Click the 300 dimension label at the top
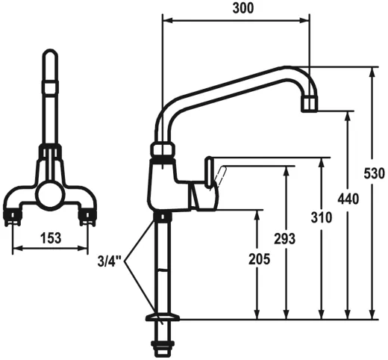coord(243,9)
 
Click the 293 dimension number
coord(284,239)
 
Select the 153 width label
coord(49,239)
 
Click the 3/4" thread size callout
coord(109,262)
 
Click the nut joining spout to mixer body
coord(163,149)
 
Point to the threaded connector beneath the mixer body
coord(162,217)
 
